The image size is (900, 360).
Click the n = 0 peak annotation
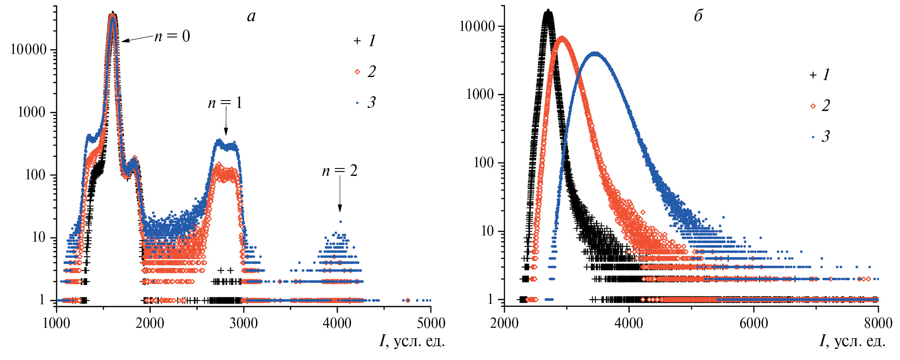click(x=172, y=36)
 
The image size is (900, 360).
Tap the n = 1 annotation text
click(x=225, y=103)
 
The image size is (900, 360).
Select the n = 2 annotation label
click(x=340, y=171)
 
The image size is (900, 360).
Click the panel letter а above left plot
click(x=251, y=17)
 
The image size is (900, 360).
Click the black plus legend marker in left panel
click(x=357, y=41)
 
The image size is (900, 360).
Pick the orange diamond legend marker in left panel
click(x=357, y=72)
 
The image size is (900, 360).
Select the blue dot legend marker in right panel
click(x=813, y=137)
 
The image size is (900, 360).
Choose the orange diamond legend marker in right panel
click(x=813, y=106)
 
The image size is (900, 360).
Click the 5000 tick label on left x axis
click(x=431, y=323)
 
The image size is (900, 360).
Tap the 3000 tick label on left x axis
click(x=243, y=323)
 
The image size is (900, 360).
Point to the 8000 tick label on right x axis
click(x=878, y=323)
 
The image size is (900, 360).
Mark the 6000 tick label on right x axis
click(x=753, y=323)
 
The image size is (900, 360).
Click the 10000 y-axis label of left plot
click(x=28, y=50)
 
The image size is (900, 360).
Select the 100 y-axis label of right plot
click(x=485, y=163)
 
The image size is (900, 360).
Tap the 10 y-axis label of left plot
click(x=39, y=237)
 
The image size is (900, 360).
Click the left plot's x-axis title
click(x=412, y=341)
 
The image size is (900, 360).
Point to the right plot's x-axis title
click(x=853, y=341)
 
